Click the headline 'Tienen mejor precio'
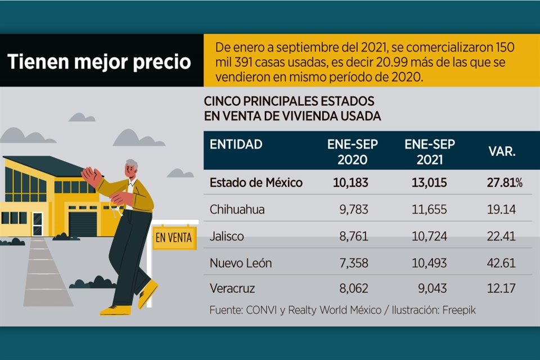(x=100, y=61)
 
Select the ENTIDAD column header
(x=236, y=145)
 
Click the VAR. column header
(x=502, y=152)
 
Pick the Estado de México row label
(x=256, y=183)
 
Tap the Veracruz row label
(x=232, y=289)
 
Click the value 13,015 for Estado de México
(x=428, y=183)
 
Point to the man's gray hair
(x=132, y=164)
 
